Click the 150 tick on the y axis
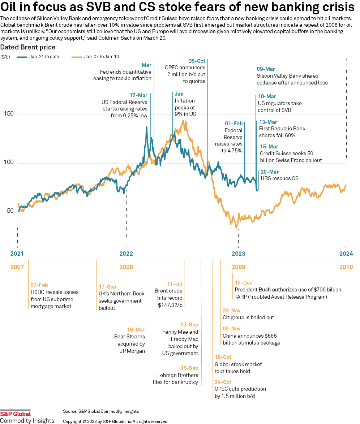(9, 114)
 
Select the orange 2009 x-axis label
(238, 267)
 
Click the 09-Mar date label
(266, 69)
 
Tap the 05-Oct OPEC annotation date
(197, 61)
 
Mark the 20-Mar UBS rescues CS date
(269, 172)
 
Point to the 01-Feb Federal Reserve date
(233, 124)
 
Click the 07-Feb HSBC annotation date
(39, 285)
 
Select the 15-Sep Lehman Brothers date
(189, 368)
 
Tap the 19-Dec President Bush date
(244, 283)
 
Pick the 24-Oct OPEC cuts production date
(223, 382)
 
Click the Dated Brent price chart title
(28, 47)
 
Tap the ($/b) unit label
(6, 57)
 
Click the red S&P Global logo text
(16, 414)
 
